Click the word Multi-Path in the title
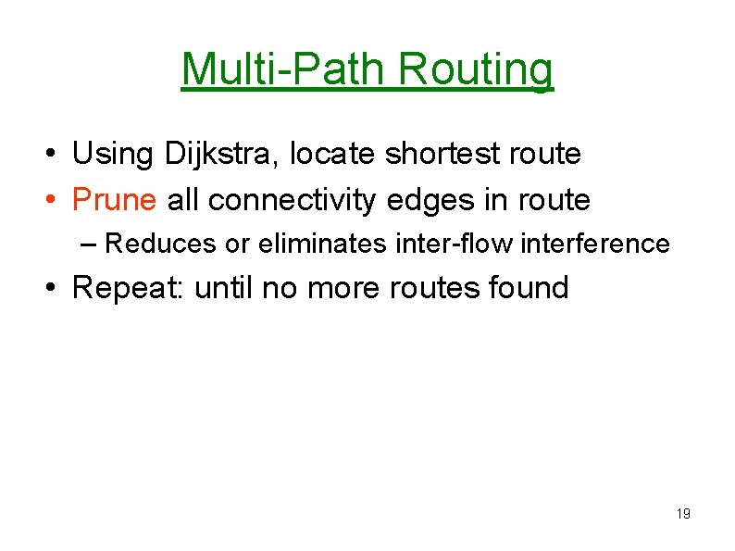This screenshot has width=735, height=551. [x=286, y=69]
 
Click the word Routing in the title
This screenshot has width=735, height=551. [x=477, y=69]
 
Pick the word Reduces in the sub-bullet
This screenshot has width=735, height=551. [x=163, y=244]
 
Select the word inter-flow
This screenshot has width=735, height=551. [x=442, y=244]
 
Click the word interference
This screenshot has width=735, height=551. [x=595, y=244]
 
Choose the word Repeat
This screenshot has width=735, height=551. [x=130, y=288]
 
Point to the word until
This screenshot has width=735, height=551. [x=225, y=288]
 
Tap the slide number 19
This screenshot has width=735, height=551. [x=683, y=514]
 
